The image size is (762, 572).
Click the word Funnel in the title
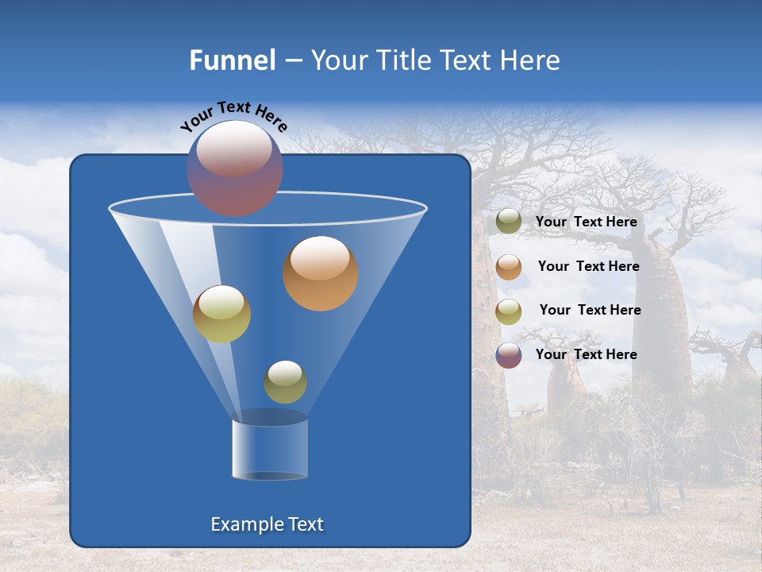pos(232,60)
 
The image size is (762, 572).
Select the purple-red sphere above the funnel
pos(235,168)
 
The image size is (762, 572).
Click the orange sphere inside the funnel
pos(321,274)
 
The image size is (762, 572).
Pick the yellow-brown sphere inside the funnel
pos(221,314)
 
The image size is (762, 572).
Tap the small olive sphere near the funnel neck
pos(285,382)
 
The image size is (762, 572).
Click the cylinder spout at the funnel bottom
pos(270,450)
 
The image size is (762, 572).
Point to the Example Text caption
pos(267,524)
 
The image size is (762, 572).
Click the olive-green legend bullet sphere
pos(509,222)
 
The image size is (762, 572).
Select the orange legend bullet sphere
pos(509,267)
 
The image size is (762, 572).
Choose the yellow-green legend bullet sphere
pos(509,311)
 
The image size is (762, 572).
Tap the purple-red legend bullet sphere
pos(509,355)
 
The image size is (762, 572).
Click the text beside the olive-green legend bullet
pos(586,222)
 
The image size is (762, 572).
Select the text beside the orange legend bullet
pos(588,267)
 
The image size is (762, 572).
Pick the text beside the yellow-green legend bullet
pos(590,311)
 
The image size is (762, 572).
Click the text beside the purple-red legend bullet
pos(586,354)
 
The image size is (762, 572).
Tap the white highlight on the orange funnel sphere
pos(320,258)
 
